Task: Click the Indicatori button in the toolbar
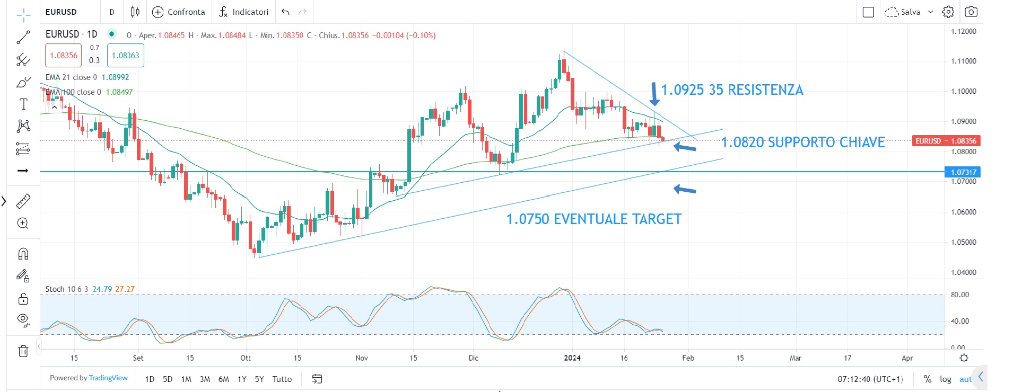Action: click(243, 12)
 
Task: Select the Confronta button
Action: click(179, 12)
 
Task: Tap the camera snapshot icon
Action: click(971, 12)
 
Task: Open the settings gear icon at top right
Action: click(948, 12)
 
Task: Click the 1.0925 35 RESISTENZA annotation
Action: click(732, 90)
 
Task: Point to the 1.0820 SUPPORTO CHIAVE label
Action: click(803, 142)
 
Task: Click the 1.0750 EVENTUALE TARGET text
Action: click(593, 219)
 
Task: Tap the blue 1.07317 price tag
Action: click(963, 172)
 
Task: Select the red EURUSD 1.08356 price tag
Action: click(946, 141)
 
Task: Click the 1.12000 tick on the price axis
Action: click(964, 31)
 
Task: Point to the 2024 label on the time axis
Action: click(572, 358)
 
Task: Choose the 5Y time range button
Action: click(259, 379)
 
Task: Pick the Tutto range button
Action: click(282, 379)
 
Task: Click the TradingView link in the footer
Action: click(108, 378)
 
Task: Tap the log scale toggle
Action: click(945, 379)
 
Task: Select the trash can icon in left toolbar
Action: click(23, 351)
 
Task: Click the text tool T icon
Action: click(23, 104)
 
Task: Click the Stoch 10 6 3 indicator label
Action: click(66, 289)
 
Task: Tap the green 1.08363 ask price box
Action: click(125, 56)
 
